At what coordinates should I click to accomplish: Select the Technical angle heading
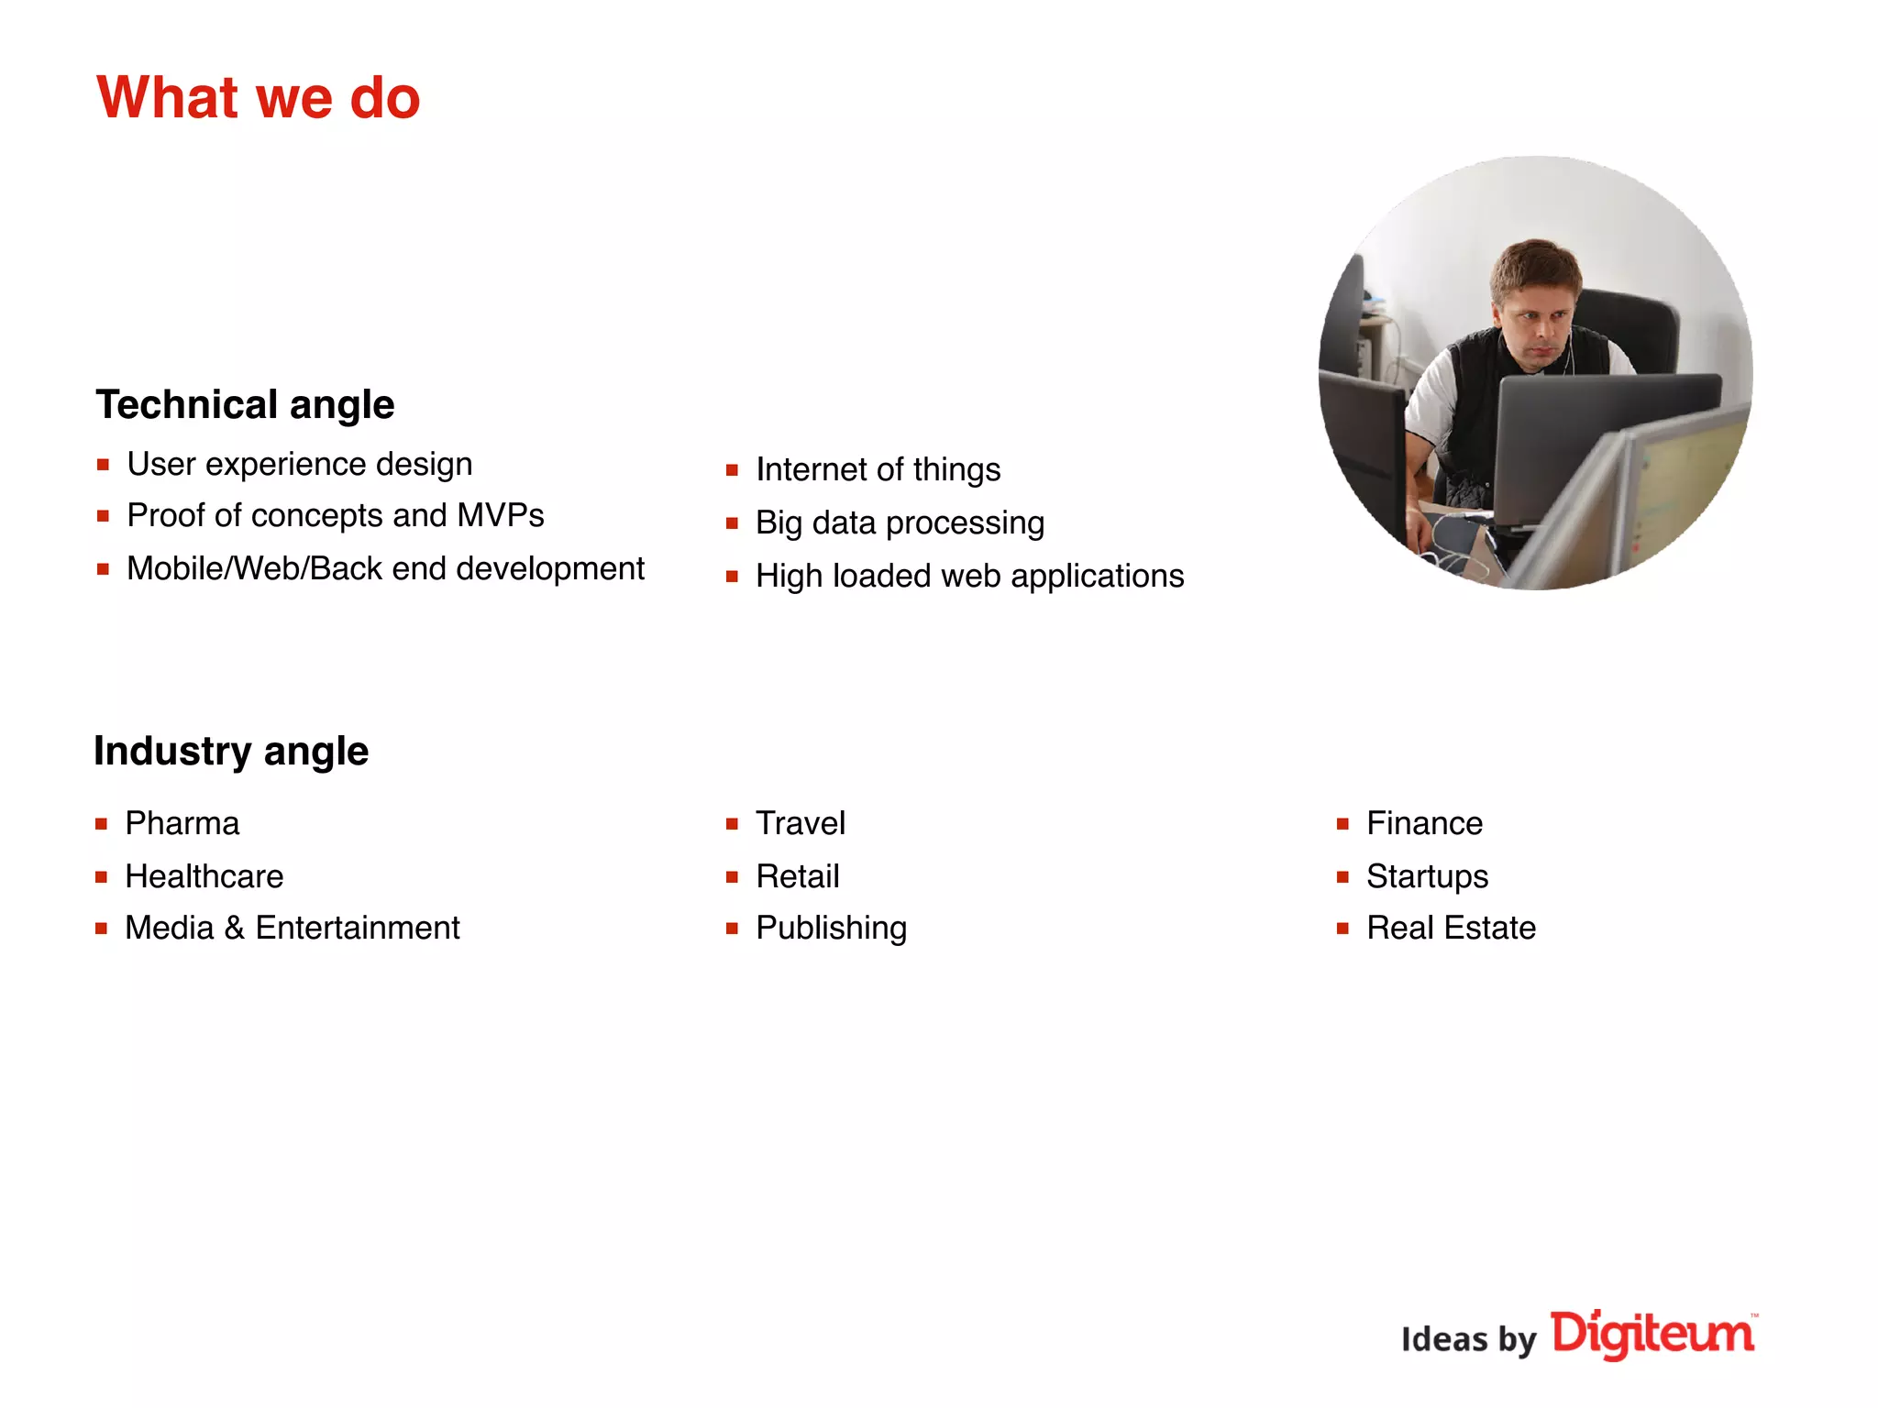pyautogui.click(x=245, y=404)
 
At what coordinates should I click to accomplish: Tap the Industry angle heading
pyautogui.click(x=231, y=751)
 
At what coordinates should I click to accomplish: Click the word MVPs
pyautogui.click(x=501, y=515)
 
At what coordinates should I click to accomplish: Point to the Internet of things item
pyautogui.click(x=878, y=469)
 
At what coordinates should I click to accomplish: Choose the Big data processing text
pyautogui.click(x=900, y=522)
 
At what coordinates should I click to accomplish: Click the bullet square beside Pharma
pyautogui.click(x=102, y=824)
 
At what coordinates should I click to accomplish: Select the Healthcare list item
pyautogui.click(x=204, y=876)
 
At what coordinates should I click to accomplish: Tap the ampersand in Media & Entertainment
pyautogui.click(x=235, y=928)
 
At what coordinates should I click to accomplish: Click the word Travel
pyautogui.click(x=800, y=823)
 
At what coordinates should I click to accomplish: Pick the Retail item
pyautogui.click(x=797, y=876)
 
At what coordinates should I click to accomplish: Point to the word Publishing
pyautogui.click(x=831, y=928)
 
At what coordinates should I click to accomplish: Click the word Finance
pyautogui.click(x=1424, y=823)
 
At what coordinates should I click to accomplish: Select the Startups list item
pyautogui.click(x=1427, y=876)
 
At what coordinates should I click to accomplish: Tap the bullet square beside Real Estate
pyautogui.click(x=1342, y=929)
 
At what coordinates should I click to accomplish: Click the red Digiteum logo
pyautogui.click(x=1652, y=1334)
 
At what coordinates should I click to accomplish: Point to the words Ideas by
pyautogui.click(x=1468, y=1339)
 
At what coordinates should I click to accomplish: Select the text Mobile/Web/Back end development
pyautogui.click(x=385, y=568)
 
